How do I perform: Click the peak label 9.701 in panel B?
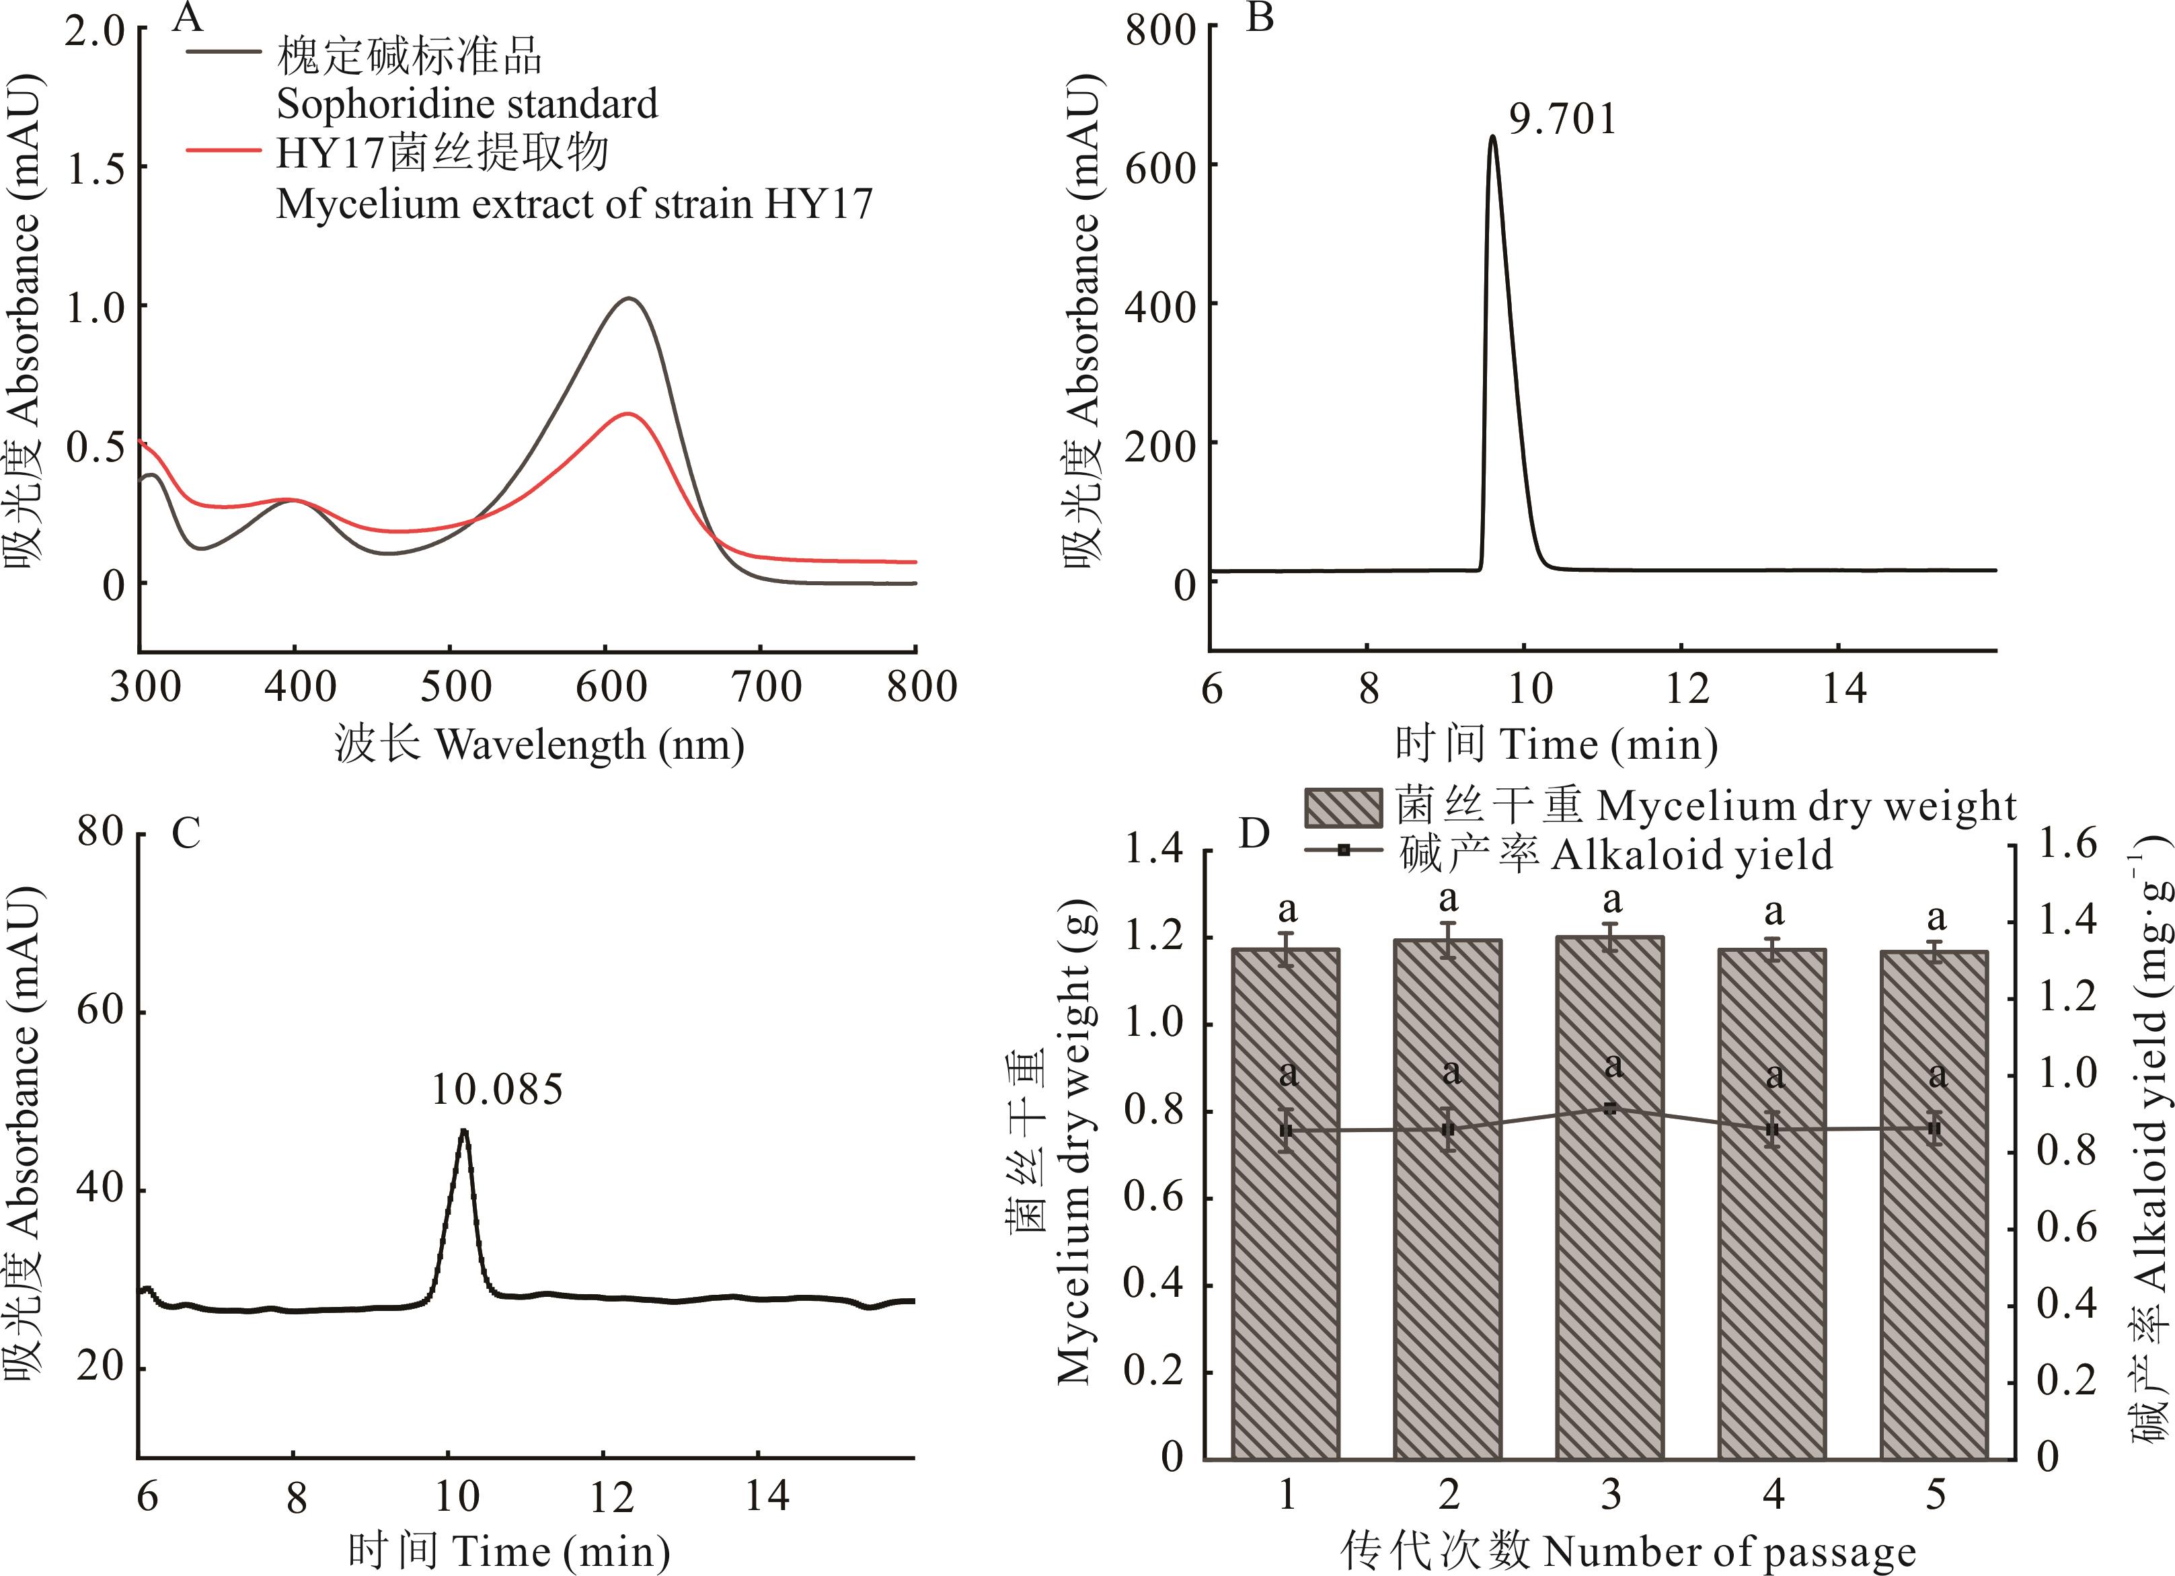pos(1563,120)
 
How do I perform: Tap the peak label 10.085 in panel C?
pos(497,1090)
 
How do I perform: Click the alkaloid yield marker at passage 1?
pos(1287,1130)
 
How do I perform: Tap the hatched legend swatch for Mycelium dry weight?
pos(1342,808)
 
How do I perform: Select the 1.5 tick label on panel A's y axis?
pos(96,169)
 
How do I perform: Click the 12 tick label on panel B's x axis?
pos(1686,687)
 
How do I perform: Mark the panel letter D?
pos(1254,833)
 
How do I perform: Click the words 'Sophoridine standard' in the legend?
pos(467,104)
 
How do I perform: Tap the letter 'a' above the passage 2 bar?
pos(1449,900)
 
